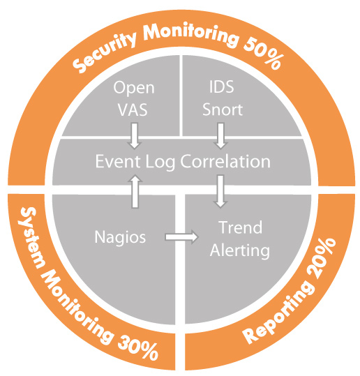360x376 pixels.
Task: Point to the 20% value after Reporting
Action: [322, 258]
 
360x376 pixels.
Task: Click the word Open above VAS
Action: [134, 88]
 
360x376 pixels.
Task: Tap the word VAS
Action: [133, 110]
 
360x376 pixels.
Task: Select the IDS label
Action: [222, 87]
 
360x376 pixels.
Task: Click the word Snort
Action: [223, 110]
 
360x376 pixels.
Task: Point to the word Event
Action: [118, 161]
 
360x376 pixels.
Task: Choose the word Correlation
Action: [225, 161]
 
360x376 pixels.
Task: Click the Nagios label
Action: [120, 237]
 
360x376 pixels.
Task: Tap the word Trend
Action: [240, 227]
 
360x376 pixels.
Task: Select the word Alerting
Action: [240, 251]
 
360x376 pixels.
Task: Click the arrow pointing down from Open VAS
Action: [135, 136]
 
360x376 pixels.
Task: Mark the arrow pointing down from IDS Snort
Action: [220, 136]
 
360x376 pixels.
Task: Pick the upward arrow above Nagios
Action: [135, 191]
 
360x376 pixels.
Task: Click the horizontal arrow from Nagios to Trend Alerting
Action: [182, 237]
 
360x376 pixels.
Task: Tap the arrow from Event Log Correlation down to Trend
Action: [220, 191]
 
